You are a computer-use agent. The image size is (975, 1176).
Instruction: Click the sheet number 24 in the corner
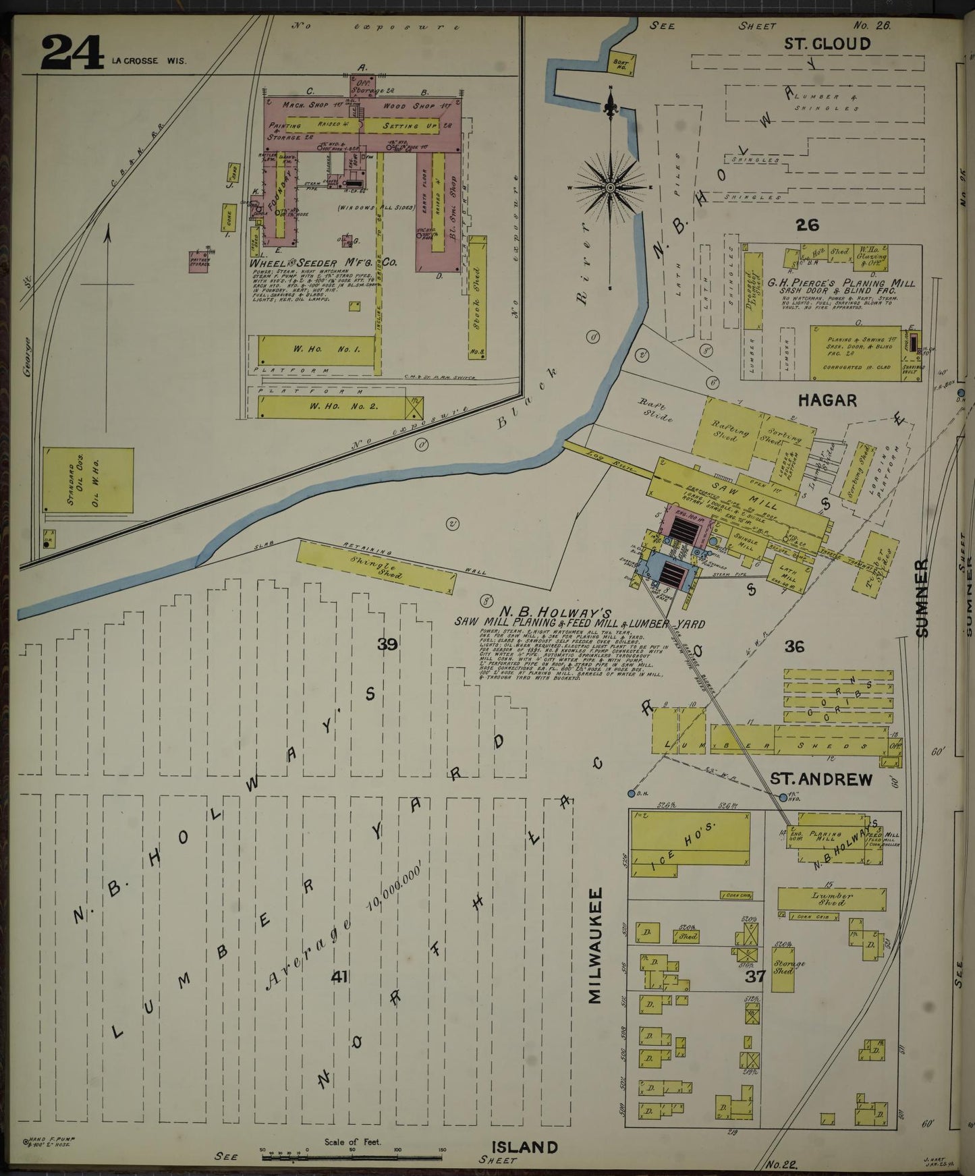click(x=72, y=53)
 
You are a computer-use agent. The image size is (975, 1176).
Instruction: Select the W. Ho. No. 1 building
click(x=316, y=351)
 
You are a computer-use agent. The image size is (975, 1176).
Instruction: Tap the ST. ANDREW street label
click(x=821, y=779)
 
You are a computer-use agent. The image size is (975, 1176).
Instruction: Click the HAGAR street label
click(x=827, y=400)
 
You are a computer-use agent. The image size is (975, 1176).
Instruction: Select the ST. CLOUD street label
click(x=827, y=44)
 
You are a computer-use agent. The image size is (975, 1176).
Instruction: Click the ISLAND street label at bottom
click(x=524, y=1147)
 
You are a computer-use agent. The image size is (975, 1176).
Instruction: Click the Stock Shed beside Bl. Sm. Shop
click(x=477, y=297)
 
